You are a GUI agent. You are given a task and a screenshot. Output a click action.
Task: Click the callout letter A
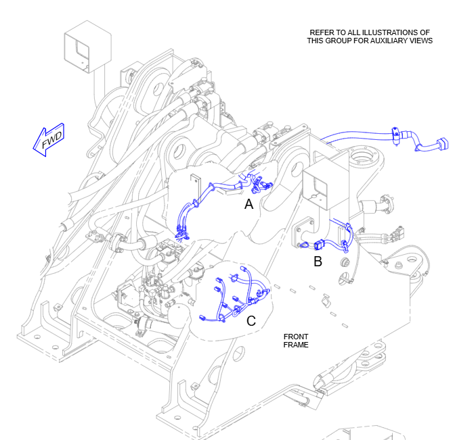tap(249, 203)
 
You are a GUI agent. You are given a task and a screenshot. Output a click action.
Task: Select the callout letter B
tap(318, 262)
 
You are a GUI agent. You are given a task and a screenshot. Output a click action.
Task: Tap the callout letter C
tap(251, 321)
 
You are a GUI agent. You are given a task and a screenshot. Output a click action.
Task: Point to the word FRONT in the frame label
tap(296, 337)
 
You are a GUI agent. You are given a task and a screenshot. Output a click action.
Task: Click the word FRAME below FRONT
tap(296, 345)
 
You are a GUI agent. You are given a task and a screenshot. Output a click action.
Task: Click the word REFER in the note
tap(322, 32)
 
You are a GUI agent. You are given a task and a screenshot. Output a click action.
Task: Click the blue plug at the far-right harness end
tap(442, 144)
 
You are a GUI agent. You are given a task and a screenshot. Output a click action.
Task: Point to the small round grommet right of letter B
tap(346, 260)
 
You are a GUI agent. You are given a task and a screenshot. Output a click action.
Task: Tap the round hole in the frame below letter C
tap(238, 352)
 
